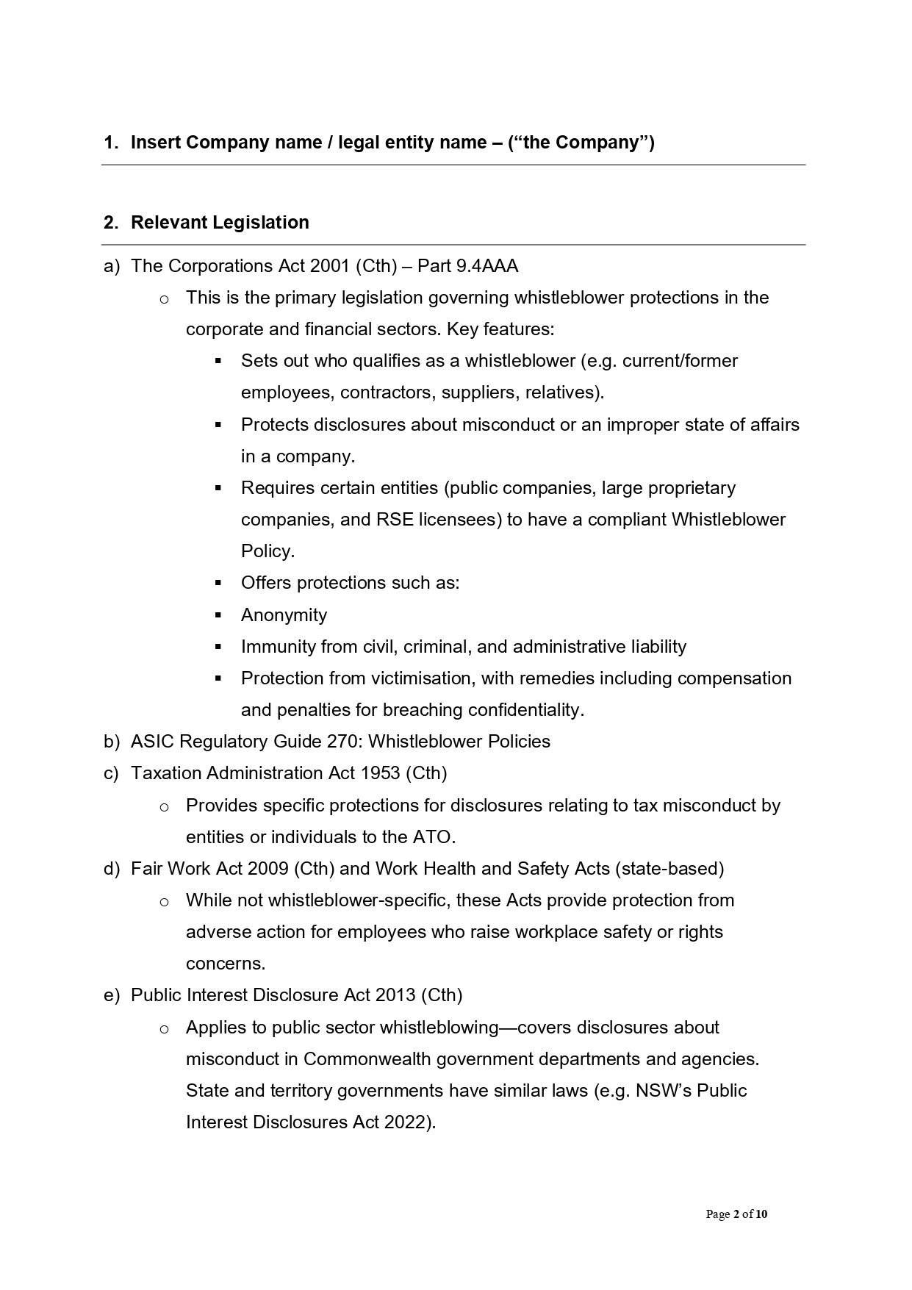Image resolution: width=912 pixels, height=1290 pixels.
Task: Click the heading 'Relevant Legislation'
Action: pyautogui.click(x=219, y=222)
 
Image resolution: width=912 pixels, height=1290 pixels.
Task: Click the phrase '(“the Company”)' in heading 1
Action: pyautogui.click(x=581, y=142)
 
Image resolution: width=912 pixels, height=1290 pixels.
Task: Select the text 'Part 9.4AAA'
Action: pyautogui.click(x=467, y=265)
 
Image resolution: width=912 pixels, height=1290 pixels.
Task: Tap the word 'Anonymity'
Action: pyautogui.click(x=284, y=614)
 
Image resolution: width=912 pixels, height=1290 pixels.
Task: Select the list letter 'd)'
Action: pyautogui.click(x=111, y=868)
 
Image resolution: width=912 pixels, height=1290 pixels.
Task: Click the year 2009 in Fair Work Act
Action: pyautogui.click(x=268, y=868)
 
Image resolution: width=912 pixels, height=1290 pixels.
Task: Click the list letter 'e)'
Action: pyautogui.click(x=111, y=995)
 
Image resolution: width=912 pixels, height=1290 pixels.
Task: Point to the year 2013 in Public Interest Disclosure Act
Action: pyautogui.click(x=395, y=995)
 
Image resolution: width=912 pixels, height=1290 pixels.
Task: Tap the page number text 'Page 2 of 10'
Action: pyautogui.click(x=736, y=1214)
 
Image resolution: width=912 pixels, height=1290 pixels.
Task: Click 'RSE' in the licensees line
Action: pyautogui.click(x=395, y=519)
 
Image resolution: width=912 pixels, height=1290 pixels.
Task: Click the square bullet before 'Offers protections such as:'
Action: pyautogui.click(x=218, y=583)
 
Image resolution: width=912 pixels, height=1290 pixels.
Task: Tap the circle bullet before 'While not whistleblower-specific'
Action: pyautogui.click(x=164, y=901)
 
